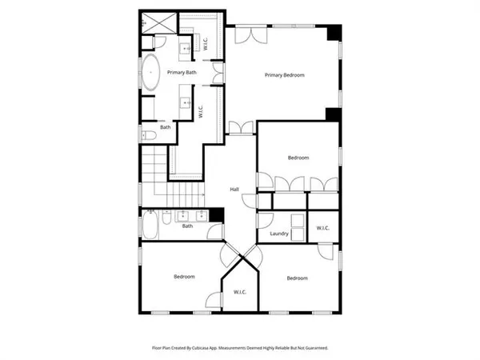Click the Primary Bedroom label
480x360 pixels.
click(285, 75)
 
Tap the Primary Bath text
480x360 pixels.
click(181, 73)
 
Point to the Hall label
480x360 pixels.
click(234, 189)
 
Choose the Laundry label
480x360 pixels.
click(279, 234)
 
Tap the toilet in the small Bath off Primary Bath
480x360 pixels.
click(148, 134)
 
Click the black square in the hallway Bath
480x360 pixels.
click(215, 215)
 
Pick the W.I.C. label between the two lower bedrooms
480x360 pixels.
click(240, 292)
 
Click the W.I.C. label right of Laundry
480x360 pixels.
click(322, 228)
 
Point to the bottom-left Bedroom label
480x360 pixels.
click(185, 277)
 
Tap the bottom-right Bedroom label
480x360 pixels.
click(298, 278)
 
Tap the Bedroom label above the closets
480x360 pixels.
click(298, 158)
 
